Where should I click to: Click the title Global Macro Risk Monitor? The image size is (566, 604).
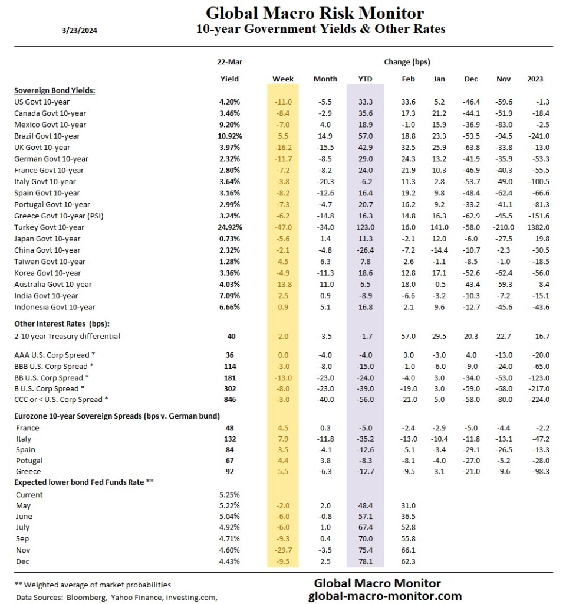click(x=314, y=13)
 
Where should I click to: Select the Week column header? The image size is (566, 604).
click(x=283, y=79)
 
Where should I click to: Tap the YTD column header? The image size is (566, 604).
click(x=366, y=79)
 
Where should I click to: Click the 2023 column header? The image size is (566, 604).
click(x=535, y=79)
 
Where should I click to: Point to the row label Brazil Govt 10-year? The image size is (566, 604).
click(x=51, y=136)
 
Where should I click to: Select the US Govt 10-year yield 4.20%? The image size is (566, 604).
click(x=229, y=102)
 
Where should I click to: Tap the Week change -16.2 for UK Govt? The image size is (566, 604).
click(x=283, y=147)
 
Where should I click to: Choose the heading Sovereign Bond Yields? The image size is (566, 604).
click(x=55, y=90)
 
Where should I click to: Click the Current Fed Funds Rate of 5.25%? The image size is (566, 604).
click(x=229, y=494)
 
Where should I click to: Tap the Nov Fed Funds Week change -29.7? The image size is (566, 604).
click(x=283, y=550)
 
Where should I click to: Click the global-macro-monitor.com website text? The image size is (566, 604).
click(x=385, y=596)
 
